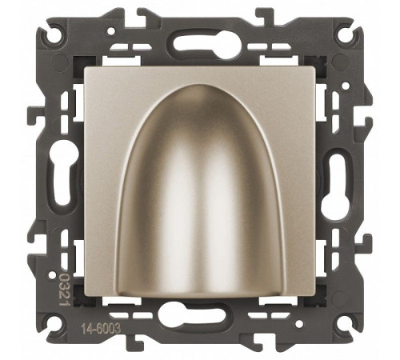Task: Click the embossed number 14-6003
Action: pos(101,329)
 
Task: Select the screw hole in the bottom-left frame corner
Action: pos(57,323)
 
